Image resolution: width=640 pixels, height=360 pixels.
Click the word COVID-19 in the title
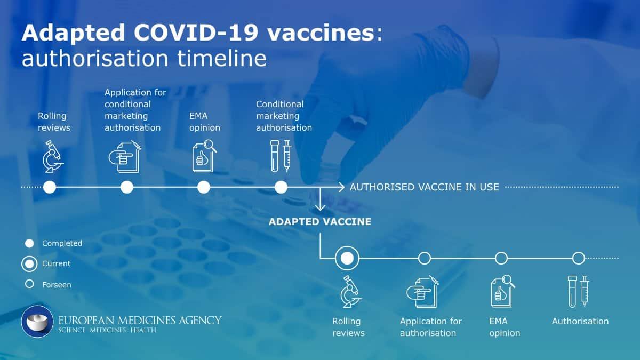(x=196, y=33)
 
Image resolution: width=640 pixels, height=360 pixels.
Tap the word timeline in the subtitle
(x=222, y=58)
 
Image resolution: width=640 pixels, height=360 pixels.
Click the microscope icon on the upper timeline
(x=53, y=156)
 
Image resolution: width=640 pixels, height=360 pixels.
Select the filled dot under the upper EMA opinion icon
(x=204, y=187)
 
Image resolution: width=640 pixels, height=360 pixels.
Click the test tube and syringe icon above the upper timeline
(x=281, y=156)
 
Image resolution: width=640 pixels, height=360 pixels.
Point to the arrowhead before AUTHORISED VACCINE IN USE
(x=341, y=187)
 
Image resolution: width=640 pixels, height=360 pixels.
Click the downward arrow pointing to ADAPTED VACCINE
(x=320, y=199)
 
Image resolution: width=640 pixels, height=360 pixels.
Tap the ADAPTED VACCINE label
(x=320, y=222)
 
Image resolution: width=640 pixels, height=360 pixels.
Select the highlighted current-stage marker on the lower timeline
(x=347, y=258)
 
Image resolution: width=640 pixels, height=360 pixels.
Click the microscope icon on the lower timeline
(x=351, y=291)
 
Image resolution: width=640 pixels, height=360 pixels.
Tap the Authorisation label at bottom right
(x=580, y=322)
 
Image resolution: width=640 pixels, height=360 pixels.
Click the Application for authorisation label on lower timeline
(x=431, y=327)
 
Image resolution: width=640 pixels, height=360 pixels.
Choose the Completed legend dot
(x=29, y=243)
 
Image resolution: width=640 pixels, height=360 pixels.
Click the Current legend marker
(x=29, y=263)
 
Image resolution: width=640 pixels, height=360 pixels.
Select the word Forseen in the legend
(x=57, y=285)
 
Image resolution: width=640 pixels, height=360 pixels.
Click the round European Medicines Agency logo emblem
(x=37, y=322)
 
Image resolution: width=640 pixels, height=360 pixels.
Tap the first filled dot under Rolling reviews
(x=50, y=187)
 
